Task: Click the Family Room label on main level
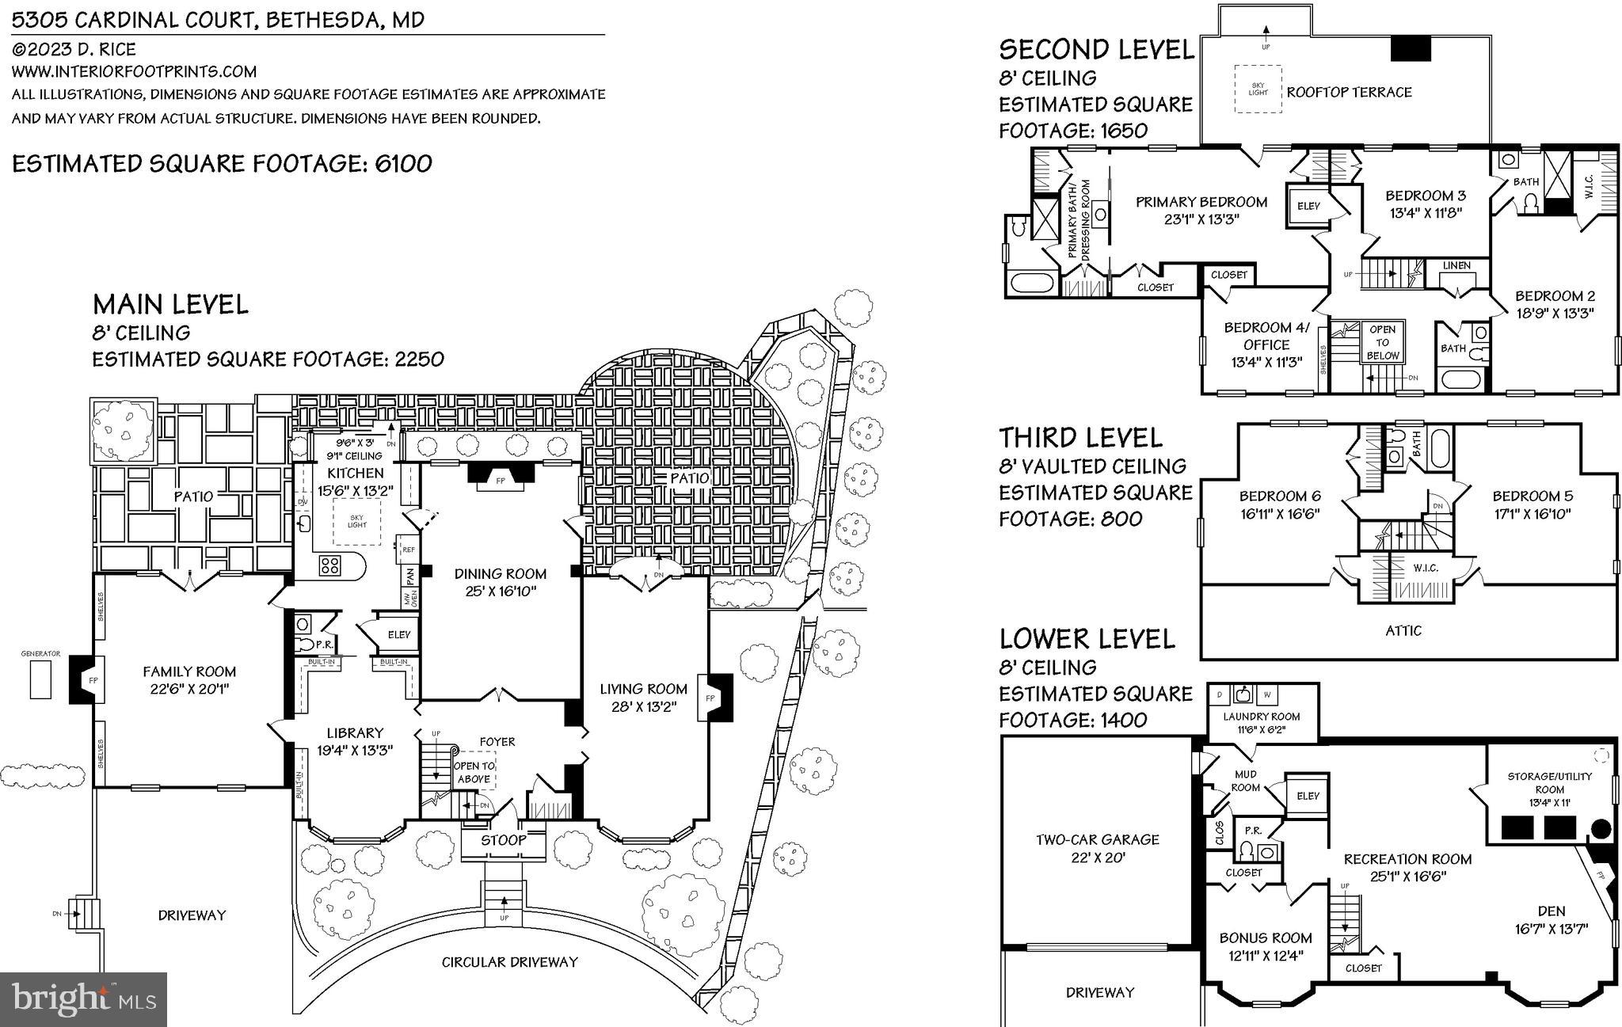[189, 671]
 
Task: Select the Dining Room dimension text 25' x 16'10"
[500, 591]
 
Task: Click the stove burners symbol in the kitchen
[330, 565]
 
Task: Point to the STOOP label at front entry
[503, 840]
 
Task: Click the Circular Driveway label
[509, 962]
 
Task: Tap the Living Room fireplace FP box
[710, 698]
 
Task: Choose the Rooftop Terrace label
[1349, 92]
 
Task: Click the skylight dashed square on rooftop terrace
[1258, 89]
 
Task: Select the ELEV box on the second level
[1309, 206]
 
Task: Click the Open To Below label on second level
[1383, 342]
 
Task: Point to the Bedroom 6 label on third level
[1280, 496]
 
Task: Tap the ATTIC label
[1403, 631]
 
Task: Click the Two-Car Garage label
[1097, 839]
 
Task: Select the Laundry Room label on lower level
[1261, 717]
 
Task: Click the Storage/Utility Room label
[1549, 782]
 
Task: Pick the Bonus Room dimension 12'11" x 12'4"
[1266, 956]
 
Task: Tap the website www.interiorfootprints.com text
[134, 71]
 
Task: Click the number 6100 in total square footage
[403, 164]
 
